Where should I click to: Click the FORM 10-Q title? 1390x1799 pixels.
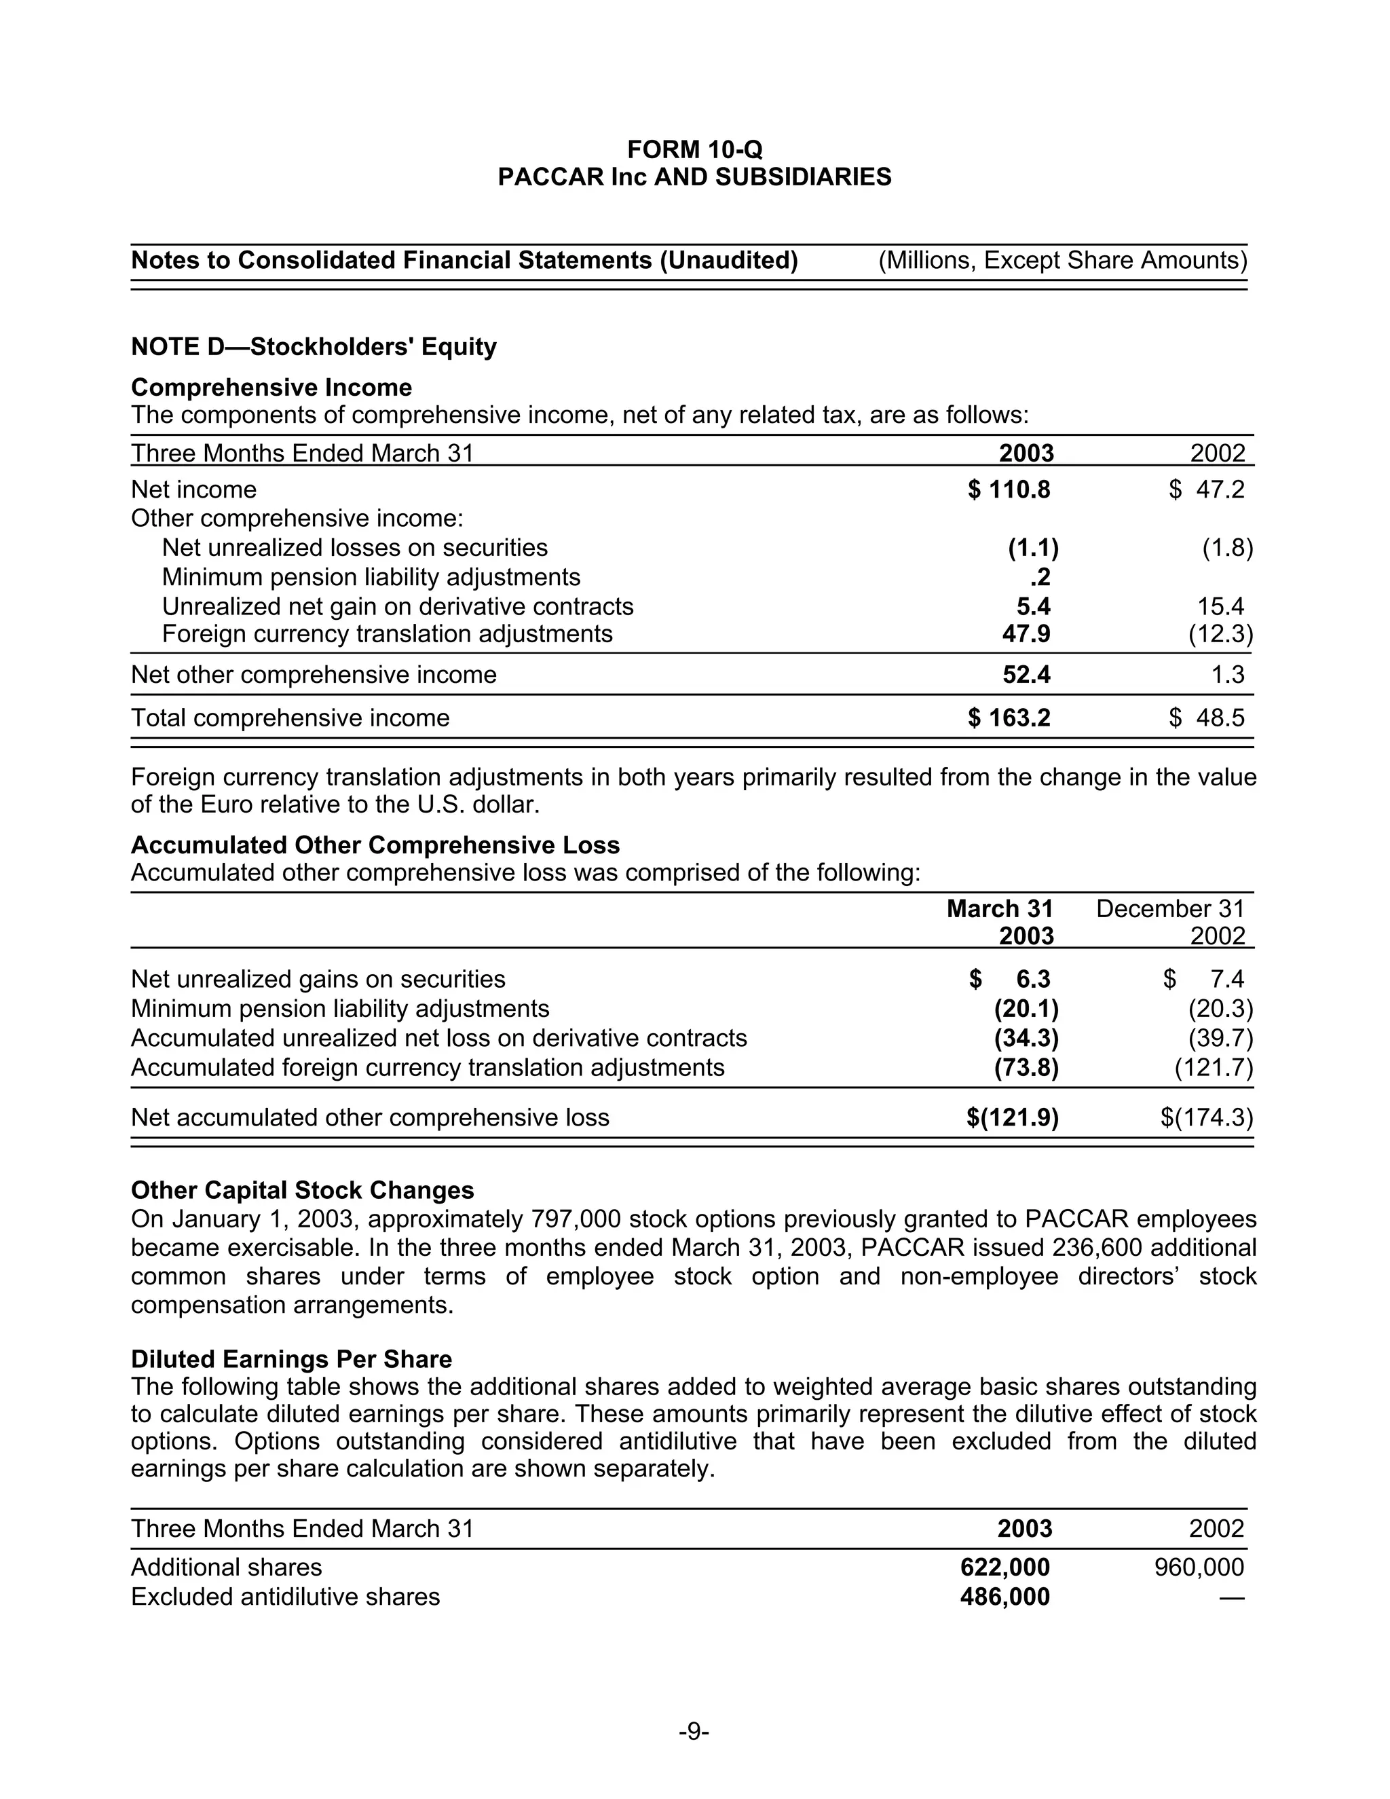tap(694, 150)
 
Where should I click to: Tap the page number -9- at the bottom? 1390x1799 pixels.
tap(694, 1732)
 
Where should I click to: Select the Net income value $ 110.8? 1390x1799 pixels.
tap(1009, 490)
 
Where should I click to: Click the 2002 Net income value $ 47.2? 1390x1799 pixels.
tap(1206, 490)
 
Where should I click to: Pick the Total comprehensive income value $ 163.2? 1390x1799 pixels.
tap(1009, 718)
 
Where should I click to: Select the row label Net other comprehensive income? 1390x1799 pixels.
tap(314, 675)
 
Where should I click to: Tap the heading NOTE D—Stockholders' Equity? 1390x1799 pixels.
tap(314, 347)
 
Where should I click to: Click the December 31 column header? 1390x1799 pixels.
tap(1169, 910)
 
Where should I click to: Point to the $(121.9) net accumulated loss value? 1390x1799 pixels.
tap(1012, 1118)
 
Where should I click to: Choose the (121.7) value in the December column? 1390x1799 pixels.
tap(1213, 1069)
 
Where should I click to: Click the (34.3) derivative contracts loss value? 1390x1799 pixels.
tap(1026, 1039)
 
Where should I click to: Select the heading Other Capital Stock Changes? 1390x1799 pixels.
tap(302, 1191)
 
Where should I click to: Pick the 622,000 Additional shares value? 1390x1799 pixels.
tap(1004, 1568)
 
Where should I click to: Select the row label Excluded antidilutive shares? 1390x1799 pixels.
tap(285, 1597)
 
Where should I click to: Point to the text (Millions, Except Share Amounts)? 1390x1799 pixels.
tap(1062, 261)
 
